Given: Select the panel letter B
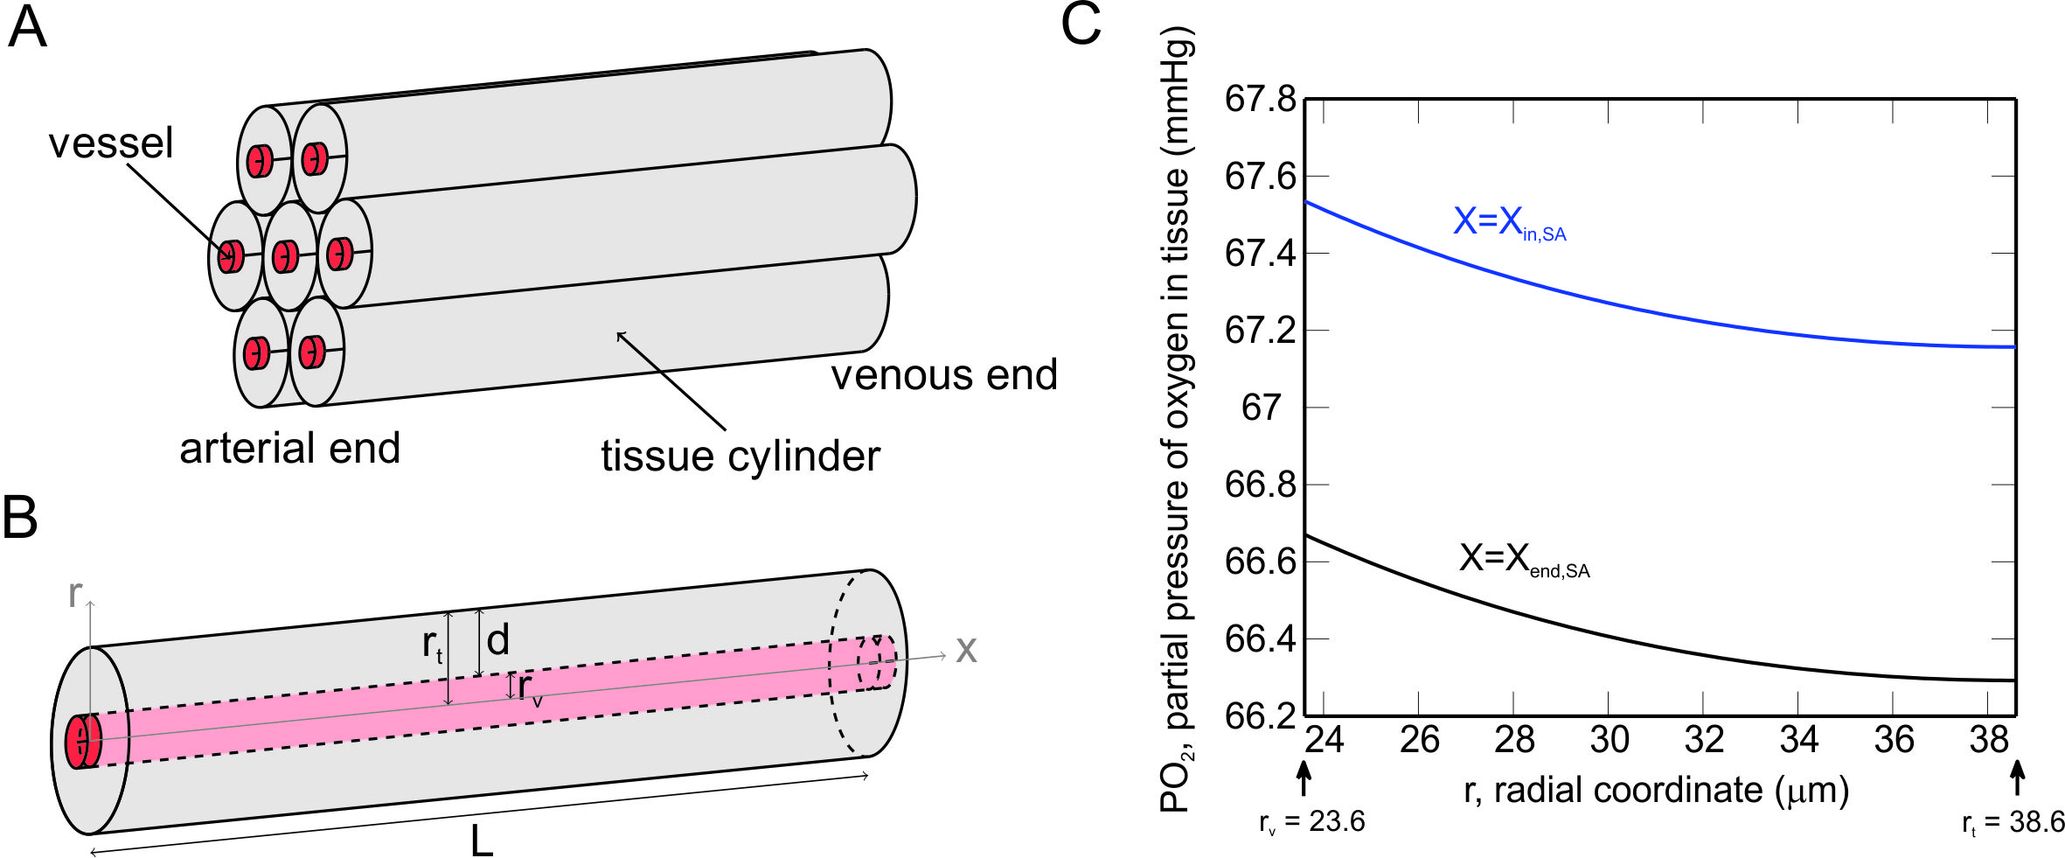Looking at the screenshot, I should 20,518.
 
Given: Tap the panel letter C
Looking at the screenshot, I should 1081,24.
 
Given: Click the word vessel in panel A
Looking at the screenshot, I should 111,143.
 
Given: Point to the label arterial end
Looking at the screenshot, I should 289,449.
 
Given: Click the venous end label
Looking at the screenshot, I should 943,375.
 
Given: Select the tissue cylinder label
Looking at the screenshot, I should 740,457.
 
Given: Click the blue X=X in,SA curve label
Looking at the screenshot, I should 1509,223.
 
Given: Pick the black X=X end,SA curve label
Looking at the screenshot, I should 1523,559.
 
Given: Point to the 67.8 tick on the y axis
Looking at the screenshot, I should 1260,100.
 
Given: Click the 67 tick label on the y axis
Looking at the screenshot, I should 1261,408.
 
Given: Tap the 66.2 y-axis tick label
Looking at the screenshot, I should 1260,716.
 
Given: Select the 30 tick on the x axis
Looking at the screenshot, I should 1609,741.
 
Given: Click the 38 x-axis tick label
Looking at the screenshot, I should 1989,741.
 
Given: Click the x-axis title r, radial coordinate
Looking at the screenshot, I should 1656,791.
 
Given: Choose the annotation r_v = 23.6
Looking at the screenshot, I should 1311,823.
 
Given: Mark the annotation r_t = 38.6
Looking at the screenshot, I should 2013,823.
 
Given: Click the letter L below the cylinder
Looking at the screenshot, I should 482,841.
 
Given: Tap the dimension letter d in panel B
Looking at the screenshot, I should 497,641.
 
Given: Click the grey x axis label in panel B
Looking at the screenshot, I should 965,651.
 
